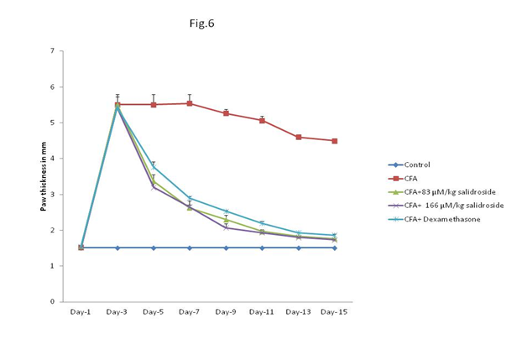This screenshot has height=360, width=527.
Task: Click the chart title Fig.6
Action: click(201, 23)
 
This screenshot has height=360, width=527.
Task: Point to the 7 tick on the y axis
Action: click(53, 51)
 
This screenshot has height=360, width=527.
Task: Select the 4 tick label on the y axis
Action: click(53, 159)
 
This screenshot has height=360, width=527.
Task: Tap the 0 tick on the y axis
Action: click(53, 301)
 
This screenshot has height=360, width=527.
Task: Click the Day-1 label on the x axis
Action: click(81, 311)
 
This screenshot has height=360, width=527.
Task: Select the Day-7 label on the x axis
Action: click(190, 311)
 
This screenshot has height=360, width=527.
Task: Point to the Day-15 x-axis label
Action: click(334, 311)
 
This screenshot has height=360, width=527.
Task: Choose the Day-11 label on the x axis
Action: click(262, 311)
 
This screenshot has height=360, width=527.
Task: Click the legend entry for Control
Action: click(418, 165)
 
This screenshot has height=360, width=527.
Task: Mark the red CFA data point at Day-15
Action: click(334, 140)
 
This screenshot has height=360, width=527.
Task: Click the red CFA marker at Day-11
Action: click(262, 120)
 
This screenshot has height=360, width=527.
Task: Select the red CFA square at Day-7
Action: click(190, 103)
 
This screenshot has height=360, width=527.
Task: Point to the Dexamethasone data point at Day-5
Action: click(154, 165)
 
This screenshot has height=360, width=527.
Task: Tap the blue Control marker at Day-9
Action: click(226, 248)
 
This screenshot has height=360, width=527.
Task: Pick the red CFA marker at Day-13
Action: click(298, 137)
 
